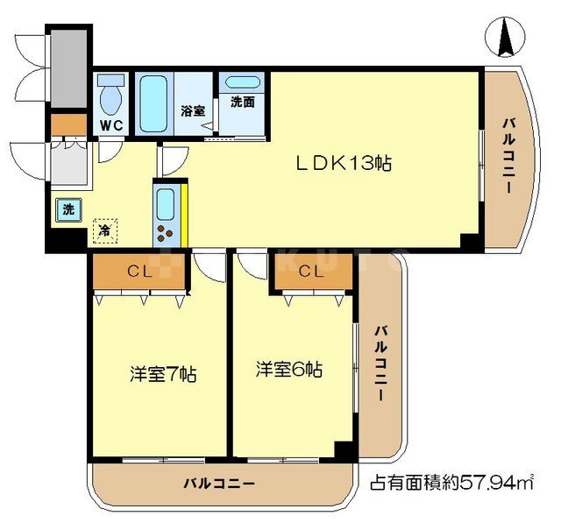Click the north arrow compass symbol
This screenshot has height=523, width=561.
[505, 37]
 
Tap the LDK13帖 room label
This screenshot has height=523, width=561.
[344, 164]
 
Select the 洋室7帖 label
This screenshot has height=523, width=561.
[163, 374]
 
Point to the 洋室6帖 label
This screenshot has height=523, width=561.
[289, 370]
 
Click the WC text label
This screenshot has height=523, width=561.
[111, 125]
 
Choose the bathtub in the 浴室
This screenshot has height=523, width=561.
[154, 103]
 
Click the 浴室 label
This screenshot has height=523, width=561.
[193, 111]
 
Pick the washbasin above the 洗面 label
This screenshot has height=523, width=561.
[243, 82]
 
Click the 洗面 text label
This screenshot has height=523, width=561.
[243, 102]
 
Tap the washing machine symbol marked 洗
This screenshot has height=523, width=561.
[68, 210]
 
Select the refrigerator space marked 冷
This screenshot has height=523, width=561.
[105, 231]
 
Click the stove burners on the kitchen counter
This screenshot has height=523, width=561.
[165, 233]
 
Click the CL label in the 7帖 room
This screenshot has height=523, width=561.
[140, 272]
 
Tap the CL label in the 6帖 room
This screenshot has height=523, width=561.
[312, 272]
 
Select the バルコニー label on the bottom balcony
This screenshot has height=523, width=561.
[219, 484]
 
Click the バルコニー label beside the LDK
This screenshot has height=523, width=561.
[508, 156]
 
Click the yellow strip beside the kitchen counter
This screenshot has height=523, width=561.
[184, 216]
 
